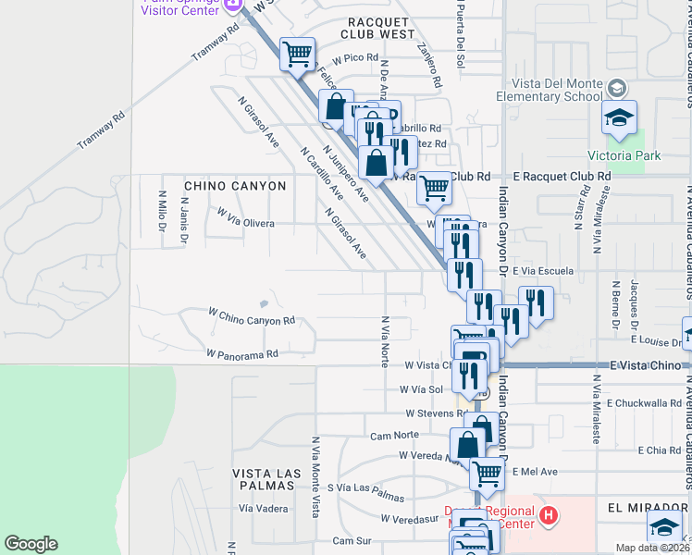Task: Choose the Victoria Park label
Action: [x=624, y=155]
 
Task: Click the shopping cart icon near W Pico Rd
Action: [x=297, y=55]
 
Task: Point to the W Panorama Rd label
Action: [x=242, y=353]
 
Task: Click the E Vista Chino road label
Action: [x=646, y=366]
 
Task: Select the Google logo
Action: [x=31, y=544]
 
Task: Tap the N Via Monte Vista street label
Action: [x=316, y=502]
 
